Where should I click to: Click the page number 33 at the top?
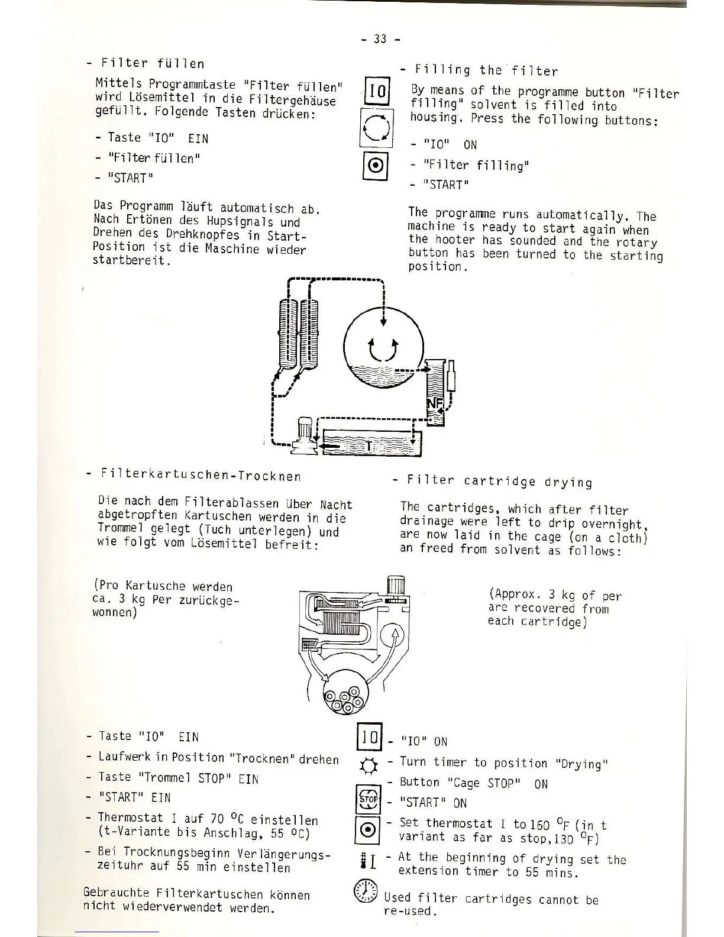(380, 39)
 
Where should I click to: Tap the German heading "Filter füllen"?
(153, 63)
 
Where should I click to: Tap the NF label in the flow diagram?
(434, 405)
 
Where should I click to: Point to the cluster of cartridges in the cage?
(347, 697)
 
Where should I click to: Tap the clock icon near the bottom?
(366, 891)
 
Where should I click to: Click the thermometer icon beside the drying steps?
(366, 858)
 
